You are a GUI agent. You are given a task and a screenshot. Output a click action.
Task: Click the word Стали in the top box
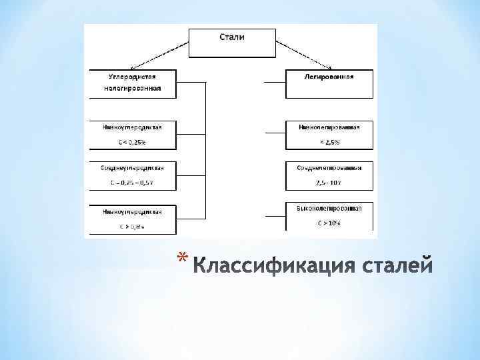pyautogui.click(x=232, y=37)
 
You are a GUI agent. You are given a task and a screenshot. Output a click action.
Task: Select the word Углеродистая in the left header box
pyautogui.click(x=133, y=77)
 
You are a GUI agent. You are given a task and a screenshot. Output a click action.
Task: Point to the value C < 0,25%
pyautogui.click(x=133, y=142)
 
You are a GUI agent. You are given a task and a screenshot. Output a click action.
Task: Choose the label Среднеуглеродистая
pyautogui.click(x=133, y=167)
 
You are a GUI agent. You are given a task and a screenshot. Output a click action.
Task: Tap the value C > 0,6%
pyautogui.click(x=133, y=226)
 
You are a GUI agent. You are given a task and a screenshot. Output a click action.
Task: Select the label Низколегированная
pyautogui.click(x=329, y=127)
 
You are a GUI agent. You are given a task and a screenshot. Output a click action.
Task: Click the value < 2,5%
pyautogui.click(x=329, y=142)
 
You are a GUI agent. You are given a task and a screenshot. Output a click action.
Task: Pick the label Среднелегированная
pyautogui.click(x=329, y=167)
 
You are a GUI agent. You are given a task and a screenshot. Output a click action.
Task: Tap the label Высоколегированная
pyautogui.click(x=329, y=209)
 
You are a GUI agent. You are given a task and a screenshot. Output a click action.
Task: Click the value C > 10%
pyautogui.click(x=329, y=224)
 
